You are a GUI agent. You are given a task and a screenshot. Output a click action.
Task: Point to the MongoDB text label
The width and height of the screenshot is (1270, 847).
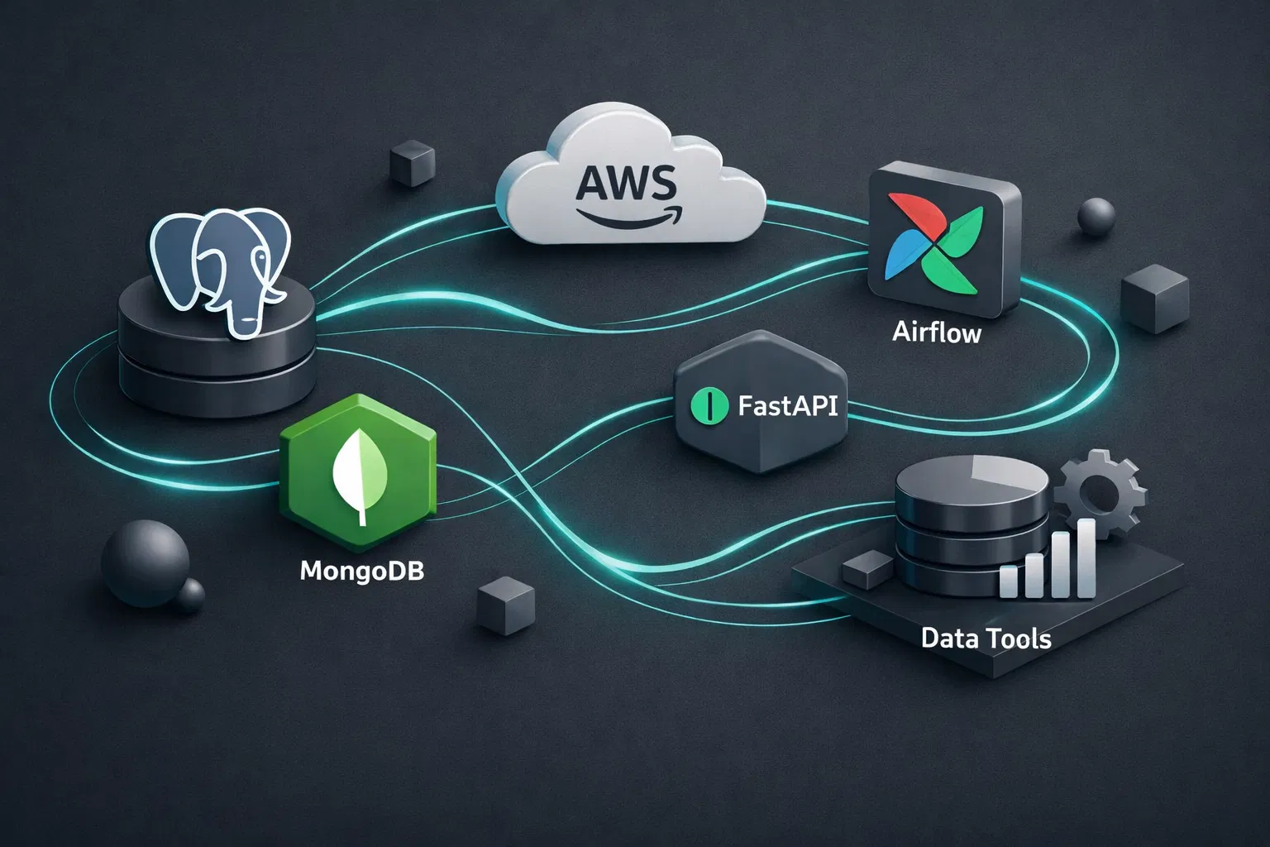pyautogui.click(x=361, y=571)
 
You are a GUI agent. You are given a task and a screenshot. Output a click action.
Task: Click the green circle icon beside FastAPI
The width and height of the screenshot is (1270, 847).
pyautogui.click(x=709, y=406)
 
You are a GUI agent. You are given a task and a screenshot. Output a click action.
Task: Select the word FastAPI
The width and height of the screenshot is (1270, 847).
pyautogui.click(x=786, y=406)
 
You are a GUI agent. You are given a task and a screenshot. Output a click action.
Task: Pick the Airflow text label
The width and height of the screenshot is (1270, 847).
pyautogui.click(x=936, y=333)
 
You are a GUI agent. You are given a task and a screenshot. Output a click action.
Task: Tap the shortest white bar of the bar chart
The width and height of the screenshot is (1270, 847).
pyautogui.click(x=1009, y=581)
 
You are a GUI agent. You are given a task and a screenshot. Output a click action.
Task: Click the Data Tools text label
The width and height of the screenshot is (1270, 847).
pyautogui.click(x=986, y=639)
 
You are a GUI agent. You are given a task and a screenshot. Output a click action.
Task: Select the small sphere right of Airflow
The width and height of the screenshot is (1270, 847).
pyautogui.click(x=1096, y=217)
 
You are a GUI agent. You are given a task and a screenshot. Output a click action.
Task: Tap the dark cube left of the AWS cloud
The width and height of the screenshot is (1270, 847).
pyautogui.click(x=411, y=162)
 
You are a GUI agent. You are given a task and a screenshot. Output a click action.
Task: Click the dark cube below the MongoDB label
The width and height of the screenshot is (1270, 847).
pyautogui.click(x=505, y=605)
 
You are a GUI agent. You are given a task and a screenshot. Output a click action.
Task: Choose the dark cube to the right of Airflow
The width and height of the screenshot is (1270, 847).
pyautogui.click(x=1154, y=299)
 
